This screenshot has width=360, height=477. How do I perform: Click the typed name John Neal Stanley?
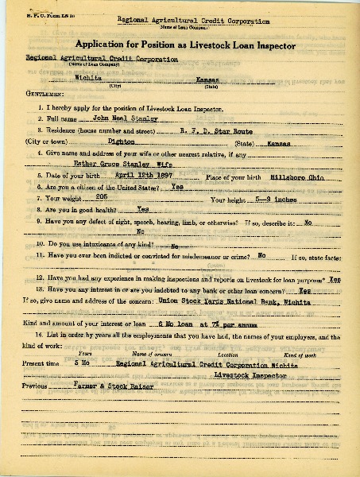pyautogui.click(x=116, y=118)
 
